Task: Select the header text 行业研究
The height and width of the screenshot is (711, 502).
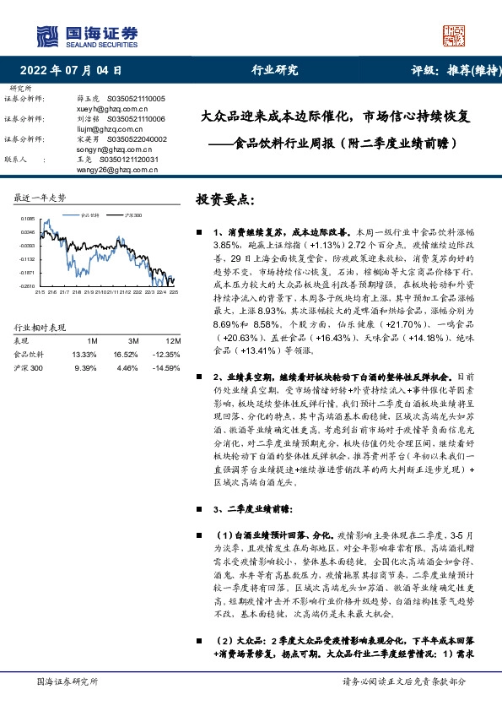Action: [x=275, y=71]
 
